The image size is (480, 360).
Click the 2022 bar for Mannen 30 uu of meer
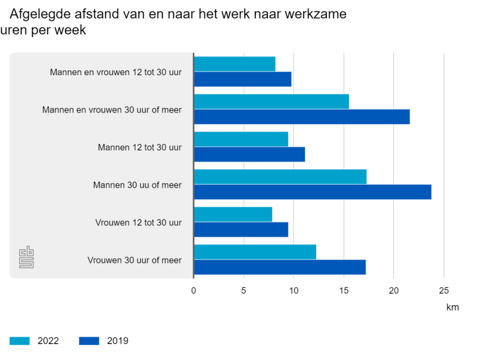280,177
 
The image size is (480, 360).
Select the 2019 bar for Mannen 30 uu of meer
312,192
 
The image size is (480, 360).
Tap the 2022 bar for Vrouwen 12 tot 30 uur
233,215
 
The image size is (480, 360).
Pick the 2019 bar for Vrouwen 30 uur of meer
280,267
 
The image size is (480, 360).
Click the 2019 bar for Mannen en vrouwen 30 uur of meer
302,117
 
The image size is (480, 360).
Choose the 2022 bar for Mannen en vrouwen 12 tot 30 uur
235,64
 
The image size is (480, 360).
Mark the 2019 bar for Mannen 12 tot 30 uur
249,154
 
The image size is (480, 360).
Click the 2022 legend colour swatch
19,341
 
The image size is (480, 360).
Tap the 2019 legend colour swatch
89,341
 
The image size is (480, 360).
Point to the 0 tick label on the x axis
193,290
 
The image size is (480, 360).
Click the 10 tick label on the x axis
293,290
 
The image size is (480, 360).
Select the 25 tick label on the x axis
444,290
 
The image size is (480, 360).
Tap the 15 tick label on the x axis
343,290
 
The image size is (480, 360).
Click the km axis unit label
452,307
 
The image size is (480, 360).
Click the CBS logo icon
26,257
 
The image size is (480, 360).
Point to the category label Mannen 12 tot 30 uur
139,147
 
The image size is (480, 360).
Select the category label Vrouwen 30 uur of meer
135,260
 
